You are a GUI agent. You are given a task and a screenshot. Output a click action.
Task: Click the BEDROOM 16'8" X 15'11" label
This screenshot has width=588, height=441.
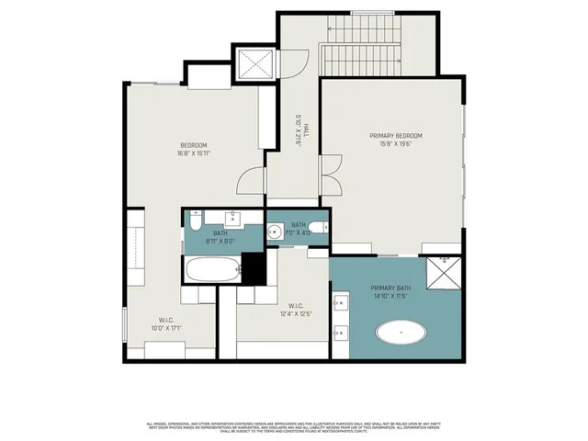(193, 149)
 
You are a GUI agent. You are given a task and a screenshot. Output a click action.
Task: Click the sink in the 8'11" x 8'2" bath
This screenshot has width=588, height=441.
(232, 219)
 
